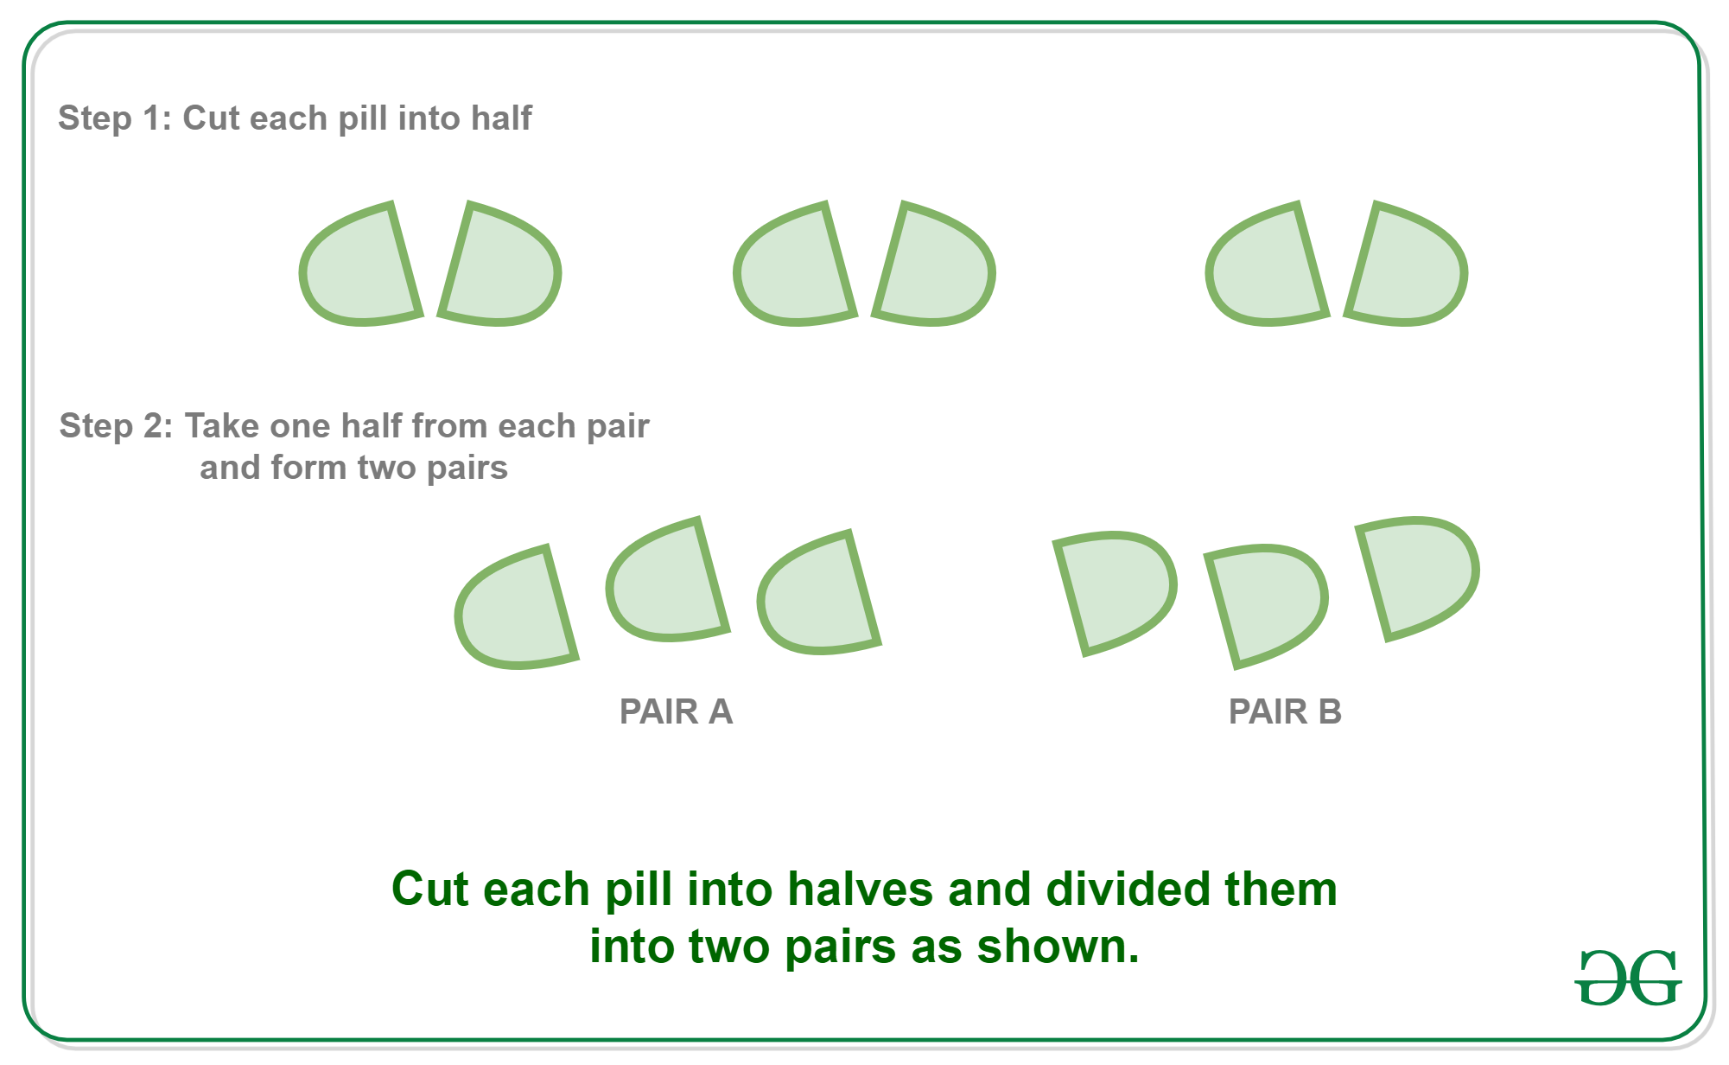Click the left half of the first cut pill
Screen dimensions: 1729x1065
pos(359,268)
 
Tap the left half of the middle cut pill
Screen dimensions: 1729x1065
pos(793,268)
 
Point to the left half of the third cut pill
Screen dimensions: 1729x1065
pos(1265,268)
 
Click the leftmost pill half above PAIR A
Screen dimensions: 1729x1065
pos(515,610)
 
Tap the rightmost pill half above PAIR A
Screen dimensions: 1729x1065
pos(817,596)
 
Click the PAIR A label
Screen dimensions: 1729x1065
pos(676,711)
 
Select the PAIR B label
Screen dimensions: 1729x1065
pos(1285,711)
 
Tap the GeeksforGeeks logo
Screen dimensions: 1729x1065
pos(1628,978)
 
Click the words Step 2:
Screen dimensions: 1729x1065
pos(117,425)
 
